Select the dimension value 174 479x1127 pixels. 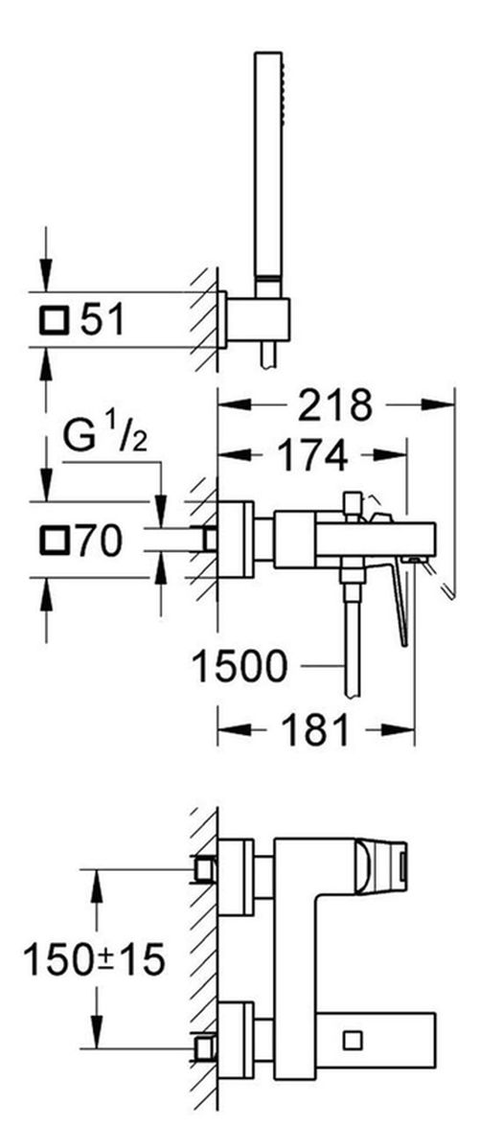311,455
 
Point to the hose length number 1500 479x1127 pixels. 239,667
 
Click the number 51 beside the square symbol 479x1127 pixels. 103,319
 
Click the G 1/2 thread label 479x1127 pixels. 105,437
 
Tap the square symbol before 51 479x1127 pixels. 55,320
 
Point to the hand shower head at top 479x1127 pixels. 268,164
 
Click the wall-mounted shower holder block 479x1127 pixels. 258,319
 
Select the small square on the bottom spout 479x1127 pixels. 353,1039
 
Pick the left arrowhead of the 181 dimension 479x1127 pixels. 234,730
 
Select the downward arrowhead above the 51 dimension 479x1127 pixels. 47,274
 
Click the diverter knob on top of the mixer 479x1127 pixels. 352,504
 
